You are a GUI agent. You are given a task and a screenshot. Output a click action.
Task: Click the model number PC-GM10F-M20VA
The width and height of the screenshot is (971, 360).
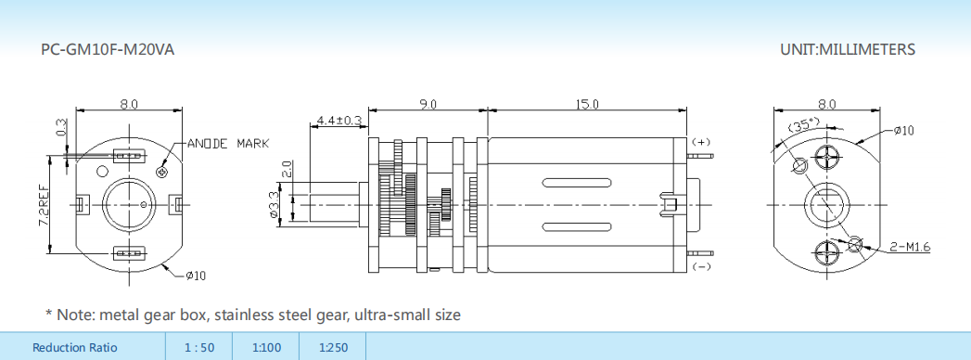(108, 49)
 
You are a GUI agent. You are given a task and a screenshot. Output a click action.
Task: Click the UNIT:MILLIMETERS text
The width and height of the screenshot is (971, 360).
(847, 49)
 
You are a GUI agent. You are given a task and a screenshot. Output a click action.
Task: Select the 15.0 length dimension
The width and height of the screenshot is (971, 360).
(586, 104)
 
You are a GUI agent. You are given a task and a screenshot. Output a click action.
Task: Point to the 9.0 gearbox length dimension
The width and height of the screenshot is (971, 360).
(428, 104)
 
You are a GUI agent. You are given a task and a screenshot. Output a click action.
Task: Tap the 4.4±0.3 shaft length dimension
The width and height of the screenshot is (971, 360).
(339, 120)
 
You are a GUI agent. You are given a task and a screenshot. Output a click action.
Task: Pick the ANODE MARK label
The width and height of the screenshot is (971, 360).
(228, 144)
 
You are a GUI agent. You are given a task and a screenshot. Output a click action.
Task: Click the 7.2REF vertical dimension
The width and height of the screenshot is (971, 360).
(44, 204)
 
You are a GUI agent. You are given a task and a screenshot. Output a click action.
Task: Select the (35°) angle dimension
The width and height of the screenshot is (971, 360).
(803, 126)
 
